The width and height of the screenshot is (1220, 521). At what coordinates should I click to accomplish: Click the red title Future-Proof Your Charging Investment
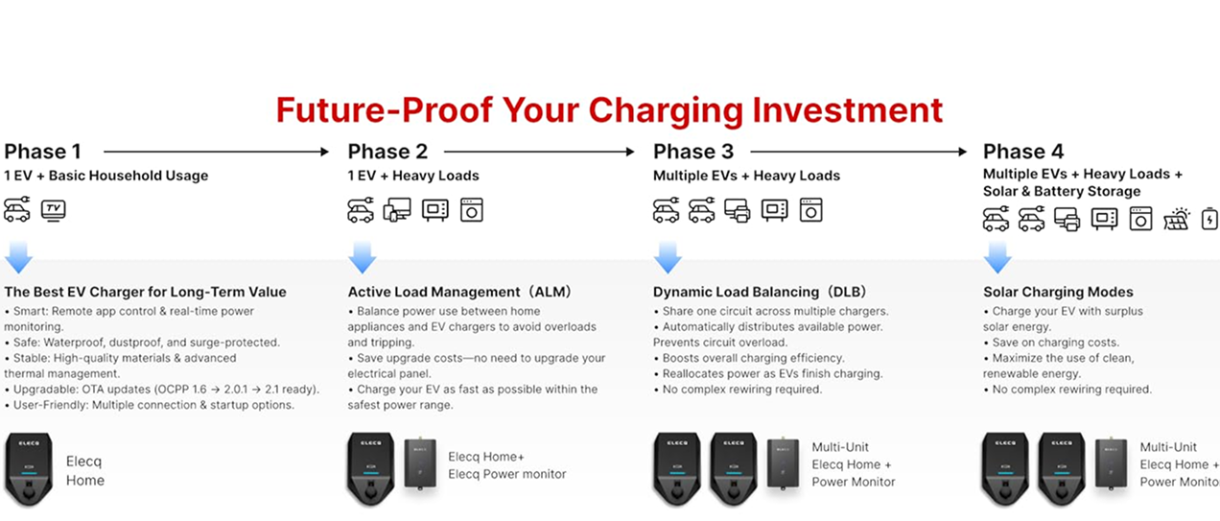609,110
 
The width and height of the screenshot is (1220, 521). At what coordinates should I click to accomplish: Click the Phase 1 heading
42,152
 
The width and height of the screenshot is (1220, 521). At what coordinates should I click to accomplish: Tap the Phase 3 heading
693,152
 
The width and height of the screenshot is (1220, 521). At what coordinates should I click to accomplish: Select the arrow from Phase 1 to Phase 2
216,152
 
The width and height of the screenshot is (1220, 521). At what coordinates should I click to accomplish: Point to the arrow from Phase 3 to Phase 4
858,152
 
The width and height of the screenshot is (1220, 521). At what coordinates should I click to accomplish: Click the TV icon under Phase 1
54,210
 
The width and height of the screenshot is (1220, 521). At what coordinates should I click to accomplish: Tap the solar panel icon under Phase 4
1177,220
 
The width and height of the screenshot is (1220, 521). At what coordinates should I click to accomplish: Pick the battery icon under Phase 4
1209,219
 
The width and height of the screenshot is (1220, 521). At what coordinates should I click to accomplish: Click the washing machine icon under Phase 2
472,210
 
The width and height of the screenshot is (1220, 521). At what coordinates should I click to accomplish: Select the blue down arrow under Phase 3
668,257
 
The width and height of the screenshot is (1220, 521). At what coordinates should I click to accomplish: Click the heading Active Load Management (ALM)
459,292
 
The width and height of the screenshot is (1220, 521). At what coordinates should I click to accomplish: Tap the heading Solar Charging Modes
1058,292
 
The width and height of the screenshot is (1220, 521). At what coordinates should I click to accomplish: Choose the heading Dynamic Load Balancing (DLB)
761,292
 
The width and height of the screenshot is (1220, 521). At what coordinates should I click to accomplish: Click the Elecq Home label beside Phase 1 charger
85,471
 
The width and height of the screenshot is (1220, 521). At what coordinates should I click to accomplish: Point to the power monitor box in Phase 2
420,463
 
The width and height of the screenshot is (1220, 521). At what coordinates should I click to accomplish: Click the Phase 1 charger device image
29,469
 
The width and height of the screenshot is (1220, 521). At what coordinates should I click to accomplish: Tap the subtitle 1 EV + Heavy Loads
413,176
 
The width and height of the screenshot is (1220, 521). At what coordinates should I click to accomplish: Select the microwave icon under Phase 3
774,210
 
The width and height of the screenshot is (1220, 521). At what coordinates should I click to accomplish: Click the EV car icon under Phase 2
361,210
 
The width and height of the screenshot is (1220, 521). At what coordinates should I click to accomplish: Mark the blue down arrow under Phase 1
18,257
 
